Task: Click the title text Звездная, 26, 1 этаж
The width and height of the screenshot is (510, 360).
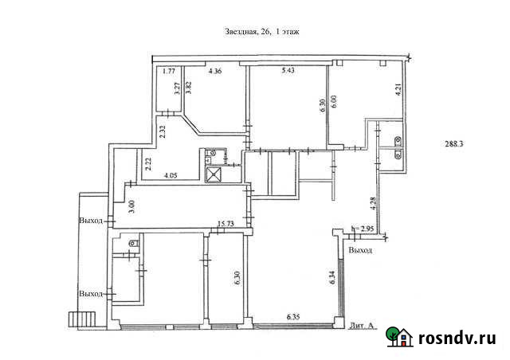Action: click(262, 32)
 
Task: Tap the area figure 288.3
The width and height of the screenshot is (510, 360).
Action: click(453, 143)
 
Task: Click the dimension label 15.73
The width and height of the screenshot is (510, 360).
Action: click(226, 224)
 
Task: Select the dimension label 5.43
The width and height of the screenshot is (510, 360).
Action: click(288, 71)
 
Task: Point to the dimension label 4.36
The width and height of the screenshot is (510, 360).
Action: click(215, 71)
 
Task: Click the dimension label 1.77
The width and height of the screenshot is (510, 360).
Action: click(169, 71)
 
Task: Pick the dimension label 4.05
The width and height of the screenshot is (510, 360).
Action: click(171, 175)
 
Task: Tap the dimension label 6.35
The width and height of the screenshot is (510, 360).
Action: click(293, 317)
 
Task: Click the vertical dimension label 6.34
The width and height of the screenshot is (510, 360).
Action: click(332, 277)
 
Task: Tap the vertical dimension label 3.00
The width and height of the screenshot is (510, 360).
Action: click(132, 207)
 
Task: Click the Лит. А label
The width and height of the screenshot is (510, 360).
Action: click(362, 325)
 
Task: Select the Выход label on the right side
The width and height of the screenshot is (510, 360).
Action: click(360, 250)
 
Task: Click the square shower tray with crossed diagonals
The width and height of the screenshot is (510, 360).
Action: click(214, 174)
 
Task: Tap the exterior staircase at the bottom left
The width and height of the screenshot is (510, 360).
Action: click(82, 320)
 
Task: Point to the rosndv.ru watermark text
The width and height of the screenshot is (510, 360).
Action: click(457, 338)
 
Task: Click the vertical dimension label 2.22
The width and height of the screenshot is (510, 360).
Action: click(148, 164)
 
